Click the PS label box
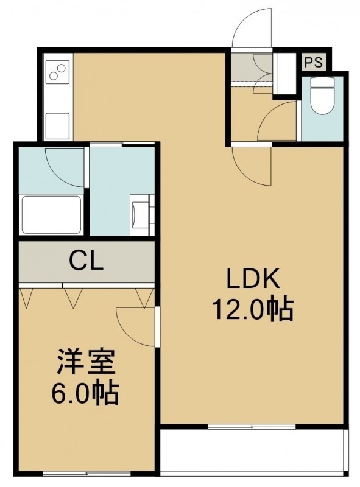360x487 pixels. pos(314,62)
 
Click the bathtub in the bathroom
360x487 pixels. pos(52,214)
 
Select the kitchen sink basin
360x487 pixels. pos(57,126)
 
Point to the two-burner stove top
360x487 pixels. pos(57,72)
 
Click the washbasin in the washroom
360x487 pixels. pos(142,214)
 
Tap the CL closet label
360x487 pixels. pos(86,261)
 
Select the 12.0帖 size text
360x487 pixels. pos(253,309)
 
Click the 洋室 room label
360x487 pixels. pos(86,362)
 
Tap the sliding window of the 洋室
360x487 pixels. pos(86,474)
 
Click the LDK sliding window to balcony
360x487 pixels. pos(252,427)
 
